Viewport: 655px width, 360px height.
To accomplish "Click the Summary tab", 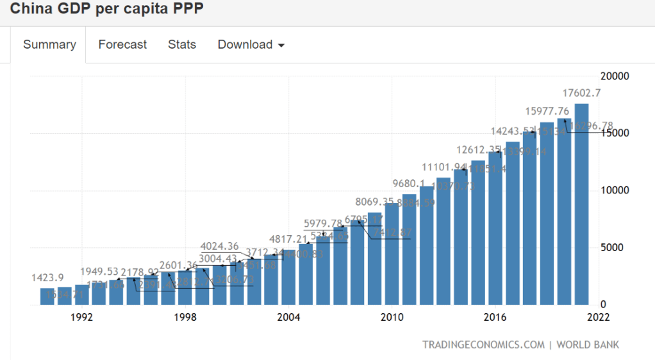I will tap(49, 45).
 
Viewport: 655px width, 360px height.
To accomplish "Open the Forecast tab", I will tap(122, 45).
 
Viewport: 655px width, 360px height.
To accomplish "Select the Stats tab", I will tap(182, 45).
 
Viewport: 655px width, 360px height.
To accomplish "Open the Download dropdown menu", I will tap(251, 45).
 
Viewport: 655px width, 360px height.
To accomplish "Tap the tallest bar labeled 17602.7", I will tap(581, 205).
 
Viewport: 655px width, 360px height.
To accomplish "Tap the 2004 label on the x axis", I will tap(288, 317).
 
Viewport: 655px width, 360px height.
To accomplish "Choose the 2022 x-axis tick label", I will tap(597, 317).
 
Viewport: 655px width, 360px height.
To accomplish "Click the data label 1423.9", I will tap(47, 278).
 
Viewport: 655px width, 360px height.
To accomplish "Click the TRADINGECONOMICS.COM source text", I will tap(483, 345).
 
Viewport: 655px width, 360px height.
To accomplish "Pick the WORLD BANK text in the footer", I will tap(588, 345).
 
